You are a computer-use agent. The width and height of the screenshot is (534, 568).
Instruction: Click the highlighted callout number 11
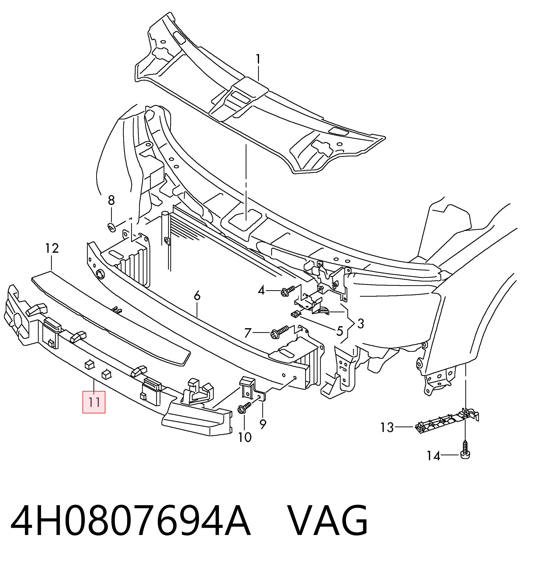(94, 402)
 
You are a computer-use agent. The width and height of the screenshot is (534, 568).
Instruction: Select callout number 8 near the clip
(111, 200)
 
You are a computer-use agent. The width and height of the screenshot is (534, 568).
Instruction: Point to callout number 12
(52, 248)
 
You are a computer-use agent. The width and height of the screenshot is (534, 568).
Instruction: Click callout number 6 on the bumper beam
(197, 296)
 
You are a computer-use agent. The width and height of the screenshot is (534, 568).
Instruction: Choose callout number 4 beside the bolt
(261, 290)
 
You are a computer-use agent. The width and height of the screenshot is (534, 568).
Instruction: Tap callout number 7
(248, 333)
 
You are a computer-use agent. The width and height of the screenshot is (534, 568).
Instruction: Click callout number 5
(339, 331)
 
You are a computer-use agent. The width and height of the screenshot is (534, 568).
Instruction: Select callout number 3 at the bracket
(360, 324)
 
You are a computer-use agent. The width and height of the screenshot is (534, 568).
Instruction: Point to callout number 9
(263, 424)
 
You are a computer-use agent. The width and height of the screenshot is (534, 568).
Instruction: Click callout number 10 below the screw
(245, 437)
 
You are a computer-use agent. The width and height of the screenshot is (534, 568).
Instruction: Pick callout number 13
(387, 427)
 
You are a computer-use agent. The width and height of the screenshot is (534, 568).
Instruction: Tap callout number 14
(433, 456)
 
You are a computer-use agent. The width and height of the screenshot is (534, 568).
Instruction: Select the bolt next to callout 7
(280, 333)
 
